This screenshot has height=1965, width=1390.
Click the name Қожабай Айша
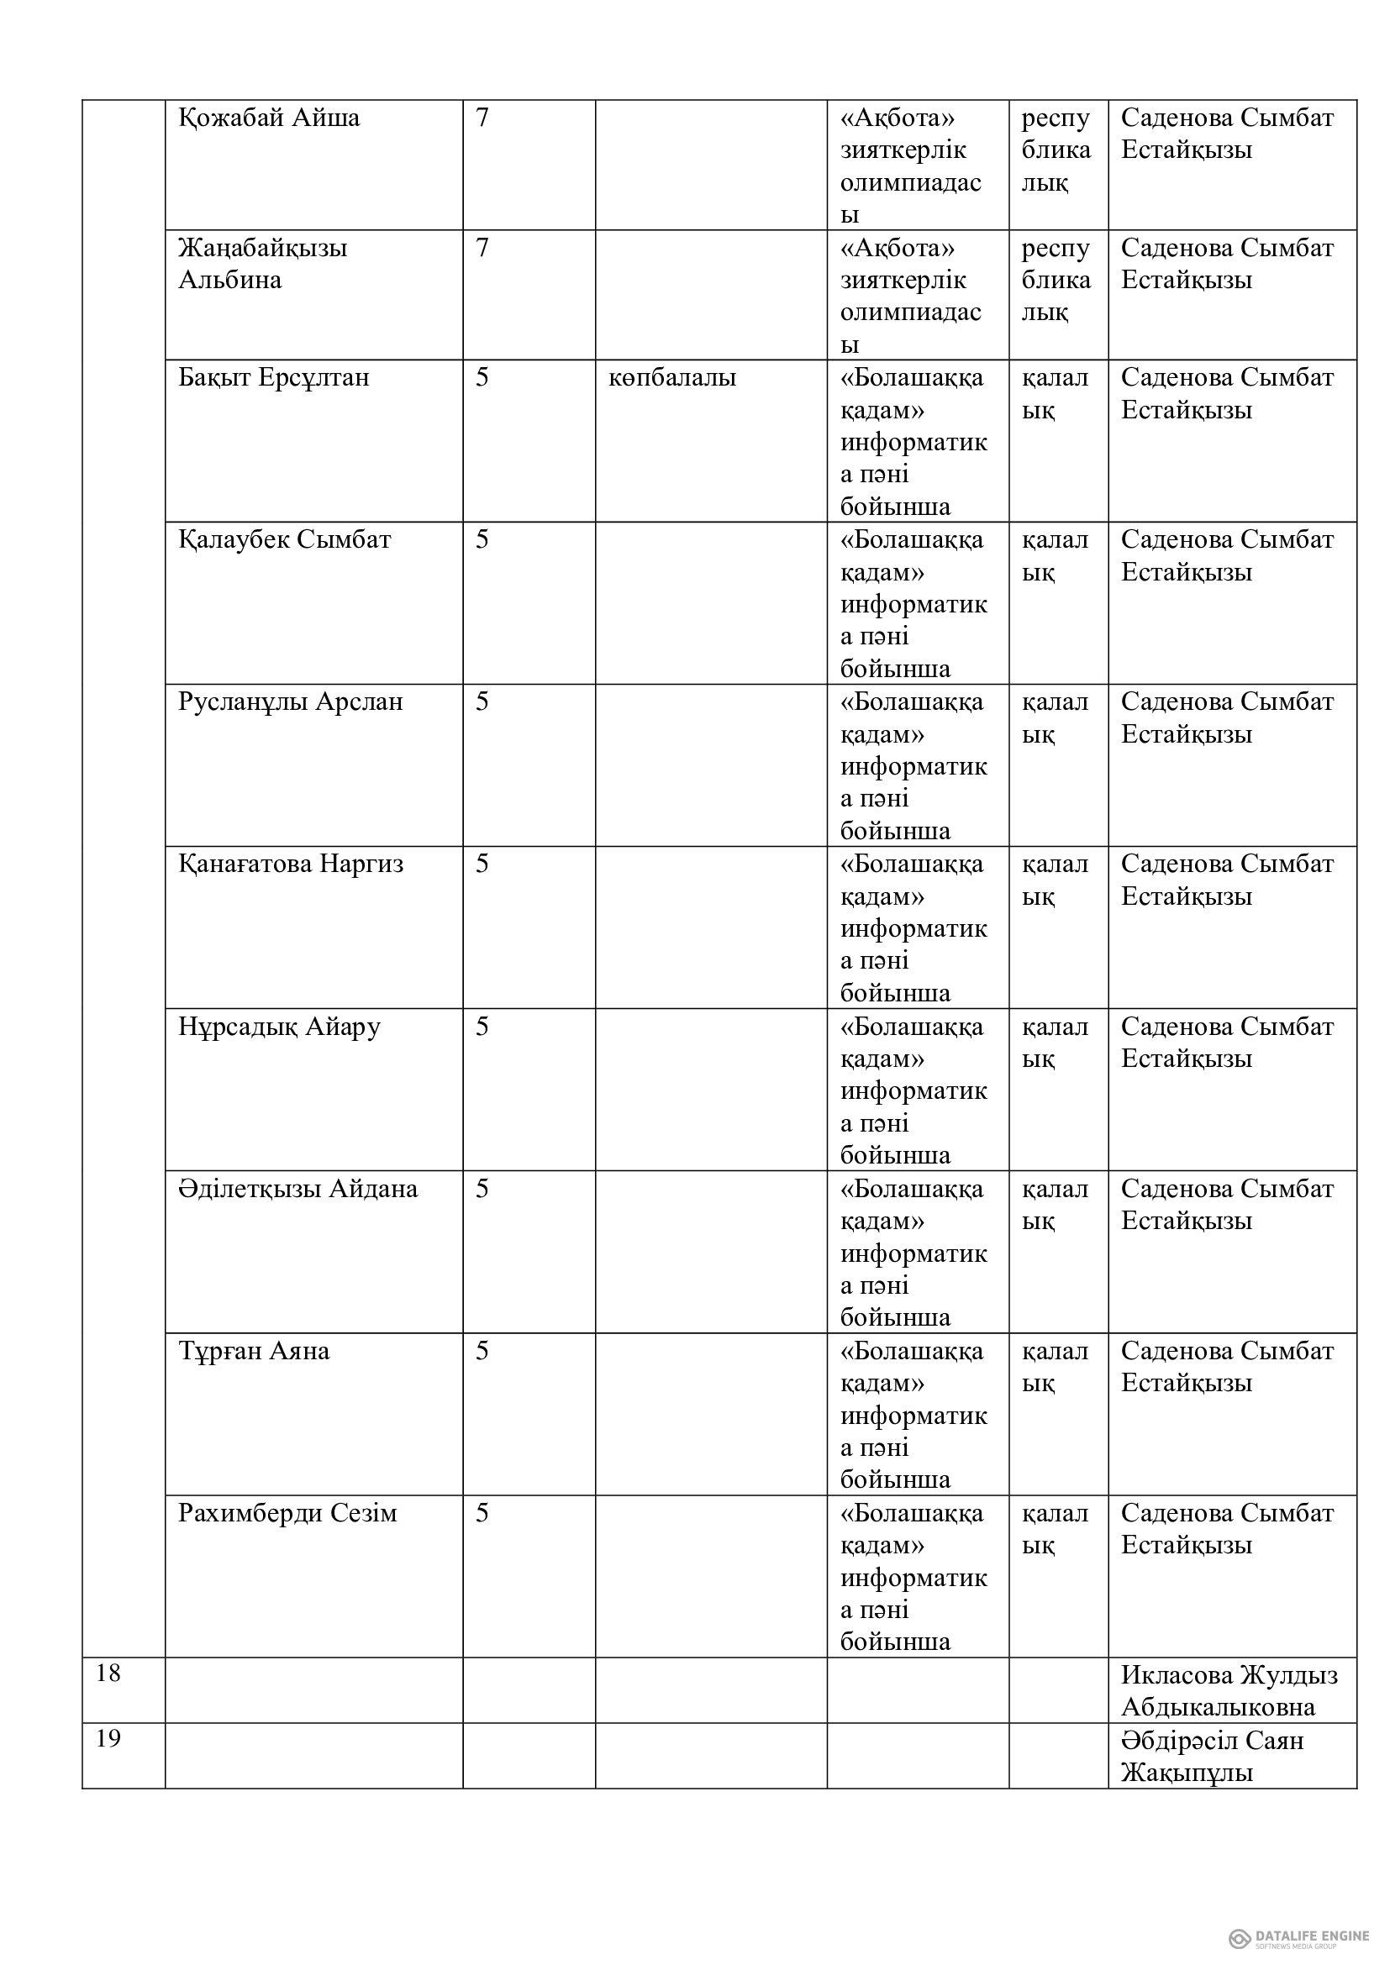(269, 118)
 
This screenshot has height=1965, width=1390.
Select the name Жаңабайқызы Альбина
(262, 264)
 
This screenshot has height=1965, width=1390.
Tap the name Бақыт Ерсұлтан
(273, 377)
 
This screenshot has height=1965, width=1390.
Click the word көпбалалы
(672, 377)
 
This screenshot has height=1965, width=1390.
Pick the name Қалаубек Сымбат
(284, 540)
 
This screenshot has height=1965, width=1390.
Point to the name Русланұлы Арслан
(290, 701)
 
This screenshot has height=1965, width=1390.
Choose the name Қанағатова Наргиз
(290, 864)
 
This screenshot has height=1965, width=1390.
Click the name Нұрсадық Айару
(279, 1026)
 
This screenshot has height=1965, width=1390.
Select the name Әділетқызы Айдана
(297, 1189)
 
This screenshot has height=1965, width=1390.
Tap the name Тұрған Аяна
(253, 1352)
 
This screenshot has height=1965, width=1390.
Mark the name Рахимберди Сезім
(287, 1513)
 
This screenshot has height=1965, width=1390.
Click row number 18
(108, 1673)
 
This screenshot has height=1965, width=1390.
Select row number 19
(108, 1739)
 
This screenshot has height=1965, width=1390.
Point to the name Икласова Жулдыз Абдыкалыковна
(1229, 1691)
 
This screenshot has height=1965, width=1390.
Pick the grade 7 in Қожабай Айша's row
(482, 118)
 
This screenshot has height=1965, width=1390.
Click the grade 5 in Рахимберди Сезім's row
(482, 1513)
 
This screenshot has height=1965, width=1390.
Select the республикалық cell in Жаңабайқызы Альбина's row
(1056, 280)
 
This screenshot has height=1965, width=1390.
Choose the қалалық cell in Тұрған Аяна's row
(1055, 1367)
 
